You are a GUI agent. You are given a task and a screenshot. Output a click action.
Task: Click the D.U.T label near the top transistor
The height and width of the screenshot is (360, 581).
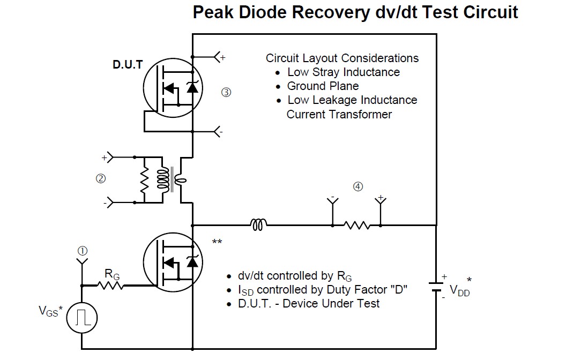click(x=128, y=65)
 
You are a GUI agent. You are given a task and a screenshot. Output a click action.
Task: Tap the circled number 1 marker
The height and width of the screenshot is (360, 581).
click(x=82, y=251)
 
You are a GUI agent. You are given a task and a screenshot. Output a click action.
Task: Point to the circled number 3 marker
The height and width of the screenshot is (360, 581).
click(x=226, y=92)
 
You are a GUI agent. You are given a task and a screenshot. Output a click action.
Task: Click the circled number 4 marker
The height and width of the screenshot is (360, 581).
click(x=357, y=186)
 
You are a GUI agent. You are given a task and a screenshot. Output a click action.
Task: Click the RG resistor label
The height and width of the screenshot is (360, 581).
click(x=112, y=275)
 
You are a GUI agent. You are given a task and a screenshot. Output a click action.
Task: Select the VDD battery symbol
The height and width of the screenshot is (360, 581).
click(x=437, y=287)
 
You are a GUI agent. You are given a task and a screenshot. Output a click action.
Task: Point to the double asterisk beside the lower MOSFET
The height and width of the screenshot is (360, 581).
click(x=217, y=243)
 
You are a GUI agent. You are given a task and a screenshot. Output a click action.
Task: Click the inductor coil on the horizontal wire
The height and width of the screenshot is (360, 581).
click(x=258, y=226)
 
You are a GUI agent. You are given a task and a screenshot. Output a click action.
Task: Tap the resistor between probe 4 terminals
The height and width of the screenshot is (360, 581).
click(x=357, y=226)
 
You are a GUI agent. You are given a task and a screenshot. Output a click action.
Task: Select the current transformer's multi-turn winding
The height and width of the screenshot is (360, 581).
click(x=162, y=181)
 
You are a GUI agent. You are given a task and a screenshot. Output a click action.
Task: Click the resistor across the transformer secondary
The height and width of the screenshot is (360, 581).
click(x=144, y=181)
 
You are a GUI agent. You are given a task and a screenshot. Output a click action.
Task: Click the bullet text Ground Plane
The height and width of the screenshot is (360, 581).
click(x=323, y=86)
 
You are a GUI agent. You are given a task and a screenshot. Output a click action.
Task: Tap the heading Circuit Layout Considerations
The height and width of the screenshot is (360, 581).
click(x=342, y=58)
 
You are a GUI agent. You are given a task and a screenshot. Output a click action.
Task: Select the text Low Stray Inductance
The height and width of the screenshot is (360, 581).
click(x=344, y=72)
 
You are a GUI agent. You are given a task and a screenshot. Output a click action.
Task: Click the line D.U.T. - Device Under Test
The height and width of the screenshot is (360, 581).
click(x=309, y=303)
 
